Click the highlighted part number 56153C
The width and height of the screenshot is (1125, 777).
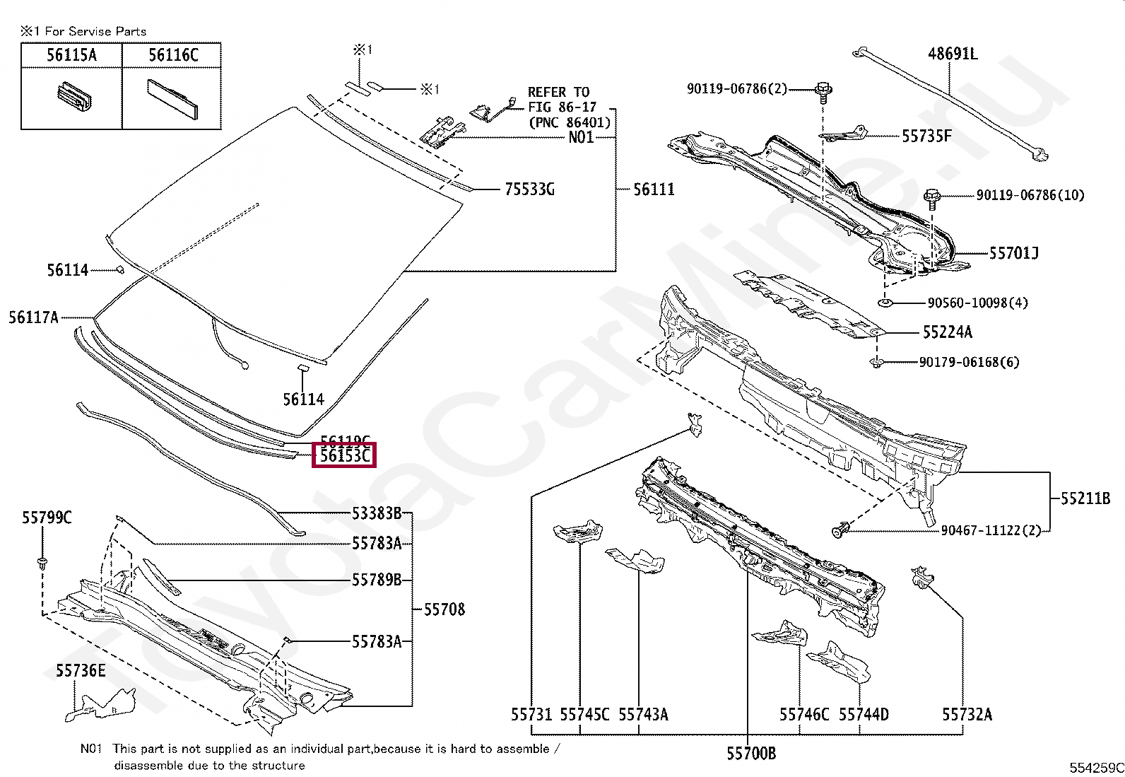click(x=344, y=455)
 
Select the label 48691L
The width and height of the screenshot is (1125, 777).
click(x=953, y=54)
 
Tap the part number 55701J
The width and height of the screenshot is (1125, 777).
click(x=1013, y=252)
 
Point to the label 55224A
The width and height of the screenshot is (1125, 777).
click(x=947, y=332)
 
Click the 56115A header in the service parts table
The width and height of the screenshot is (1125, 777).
click(x=71, y=55)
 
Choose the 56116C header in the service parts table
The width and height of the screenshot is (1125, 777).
click(x=172, y=55)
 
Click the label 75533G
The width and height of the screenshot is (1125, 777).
click(x=529, y=189)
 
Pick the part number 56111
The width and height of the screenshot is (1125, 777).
click(x=654, y=189)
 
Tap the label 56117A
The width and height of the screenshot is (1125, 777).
click(x=33, y=317)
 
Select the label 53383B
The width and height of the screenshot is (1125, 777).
click(x=377, y=513)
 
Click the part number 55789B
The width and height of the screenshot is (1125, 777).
click(x=377, y=580)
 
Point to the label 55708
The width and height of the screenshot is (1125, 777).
click(x=444, y=609)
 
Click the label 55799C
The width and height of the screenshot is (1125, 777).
click(x=47, y=518)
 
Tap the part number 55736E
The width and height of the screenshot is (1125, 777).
click(x=81, y=670)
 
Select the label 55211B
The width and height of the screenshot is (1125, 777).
click(x=1085, y=498)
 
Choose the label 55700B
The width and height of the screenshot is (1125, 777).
click(x=751, y=754)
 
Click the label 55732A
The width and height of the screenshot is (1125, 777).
click(x=967, y=715)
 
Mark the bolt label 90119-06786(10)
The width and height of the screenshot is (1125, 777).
click(x=1030, y=195)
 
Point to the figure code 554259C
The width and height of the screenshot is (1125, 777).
click(x=1096, y=768)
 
